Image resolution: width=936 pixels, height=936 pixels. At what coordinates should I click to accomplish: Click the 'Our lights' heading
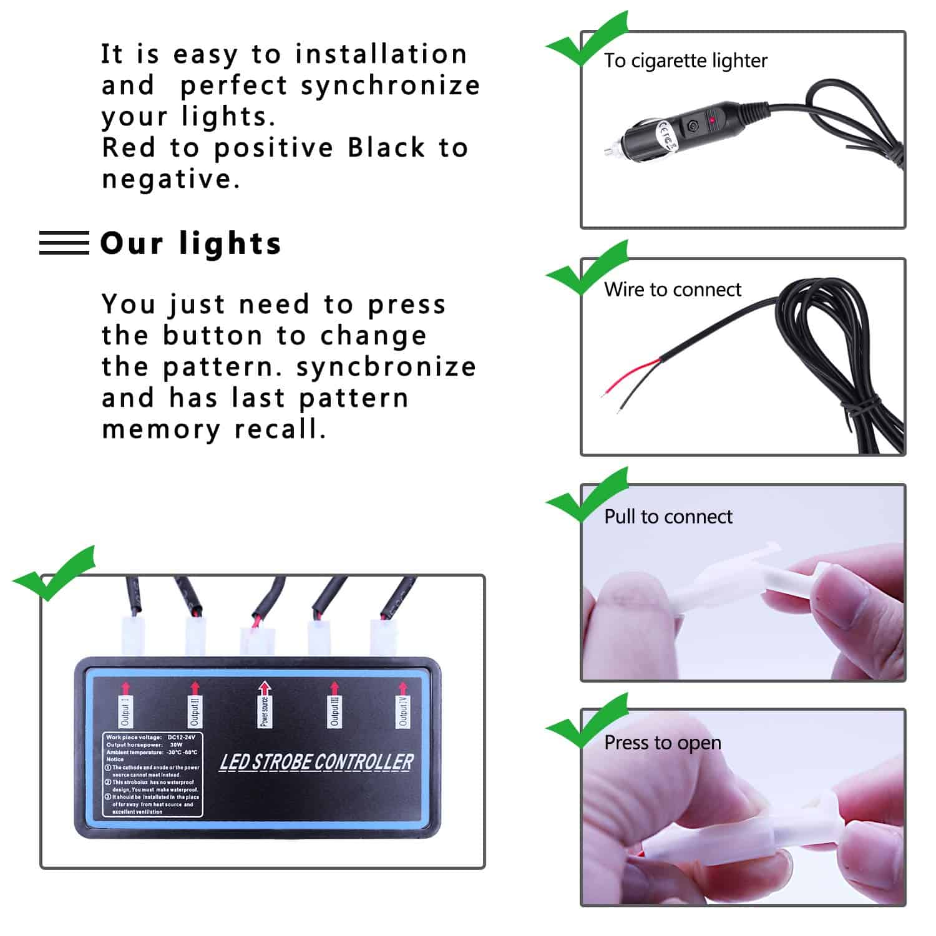(x=191, y=243)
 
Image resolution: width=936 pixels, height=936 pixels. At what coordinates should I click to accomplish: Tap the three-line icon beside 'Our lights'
(x=64, y=243)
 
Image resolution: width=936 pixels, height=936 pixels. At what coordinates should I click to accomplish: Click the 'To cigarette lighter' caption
(x=685, y=61)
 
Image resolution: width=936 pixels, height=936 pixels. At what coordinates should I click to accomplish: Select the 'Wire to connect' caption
(x=673, y=290)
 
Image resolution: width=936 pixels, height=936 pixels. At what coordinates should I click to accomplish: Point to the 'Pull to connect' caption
(x=668, y=517)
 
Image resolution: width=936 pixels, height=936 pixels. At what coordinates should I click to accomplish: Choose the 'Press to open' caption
(x=663, y=743)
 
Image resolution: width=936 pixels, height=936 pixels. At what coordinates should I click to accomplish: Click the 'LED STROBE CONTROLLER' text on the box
(x=316, y=762)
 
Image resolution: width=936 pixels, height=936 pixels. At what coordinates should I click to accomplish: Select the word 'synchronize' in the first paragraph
(x=391, y=86)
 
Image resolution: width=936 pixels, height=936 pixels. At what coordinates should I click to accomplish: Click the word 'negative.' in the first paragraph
(x=171, y=180)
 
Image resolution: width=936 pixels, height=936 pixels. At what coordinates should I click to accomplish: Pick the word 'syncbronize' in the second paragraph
(x=386, y=367)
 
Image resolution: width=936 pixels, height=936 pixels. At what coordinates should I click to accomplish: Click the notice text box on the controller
(x=153, y=774)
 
